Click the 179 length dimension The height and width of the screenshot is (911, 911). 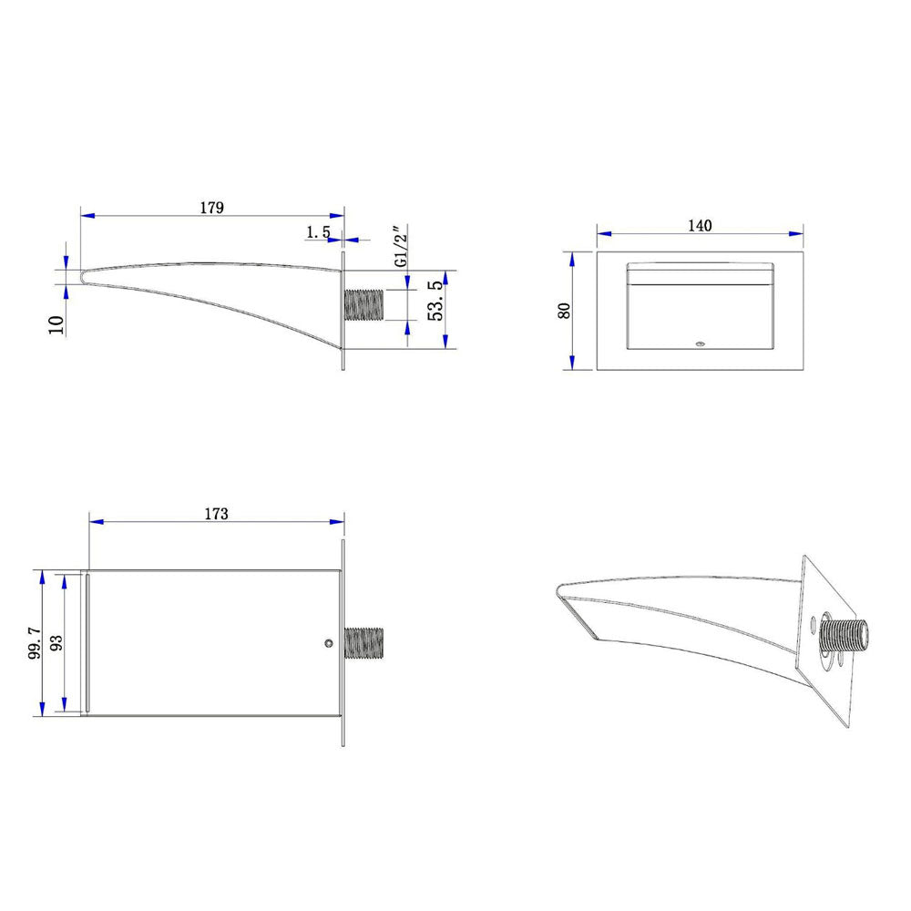pyautogui.click(x=212, y=208)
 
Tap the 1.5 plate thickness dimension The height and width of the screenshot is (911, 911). pyautogui.click(x=318, y=232)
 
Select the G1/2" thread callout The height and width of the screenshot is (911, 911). pyautogui.click(x=401, y=246)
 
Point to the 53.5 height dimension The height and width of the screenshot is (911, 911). pyautogui.click(x=435, y=301)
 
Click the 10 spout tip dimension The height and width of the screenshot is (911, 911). pyautogui.click(x=56, y=324)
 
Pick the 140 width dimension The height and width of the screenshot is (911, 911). pyautogui.click(x=700, y=225)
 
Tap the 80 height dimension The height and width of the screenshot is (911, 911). pyautogui.click(x=564, y=311)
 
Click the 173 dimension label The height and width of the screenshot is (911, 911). pyautogui.click(x=217, y=514)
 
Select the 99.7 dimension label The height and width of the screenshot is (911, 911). pyautogui.click(x=35, y=642)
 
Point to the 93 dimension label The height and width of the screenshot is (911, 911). pyautogui.click(x=56, y=642)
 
